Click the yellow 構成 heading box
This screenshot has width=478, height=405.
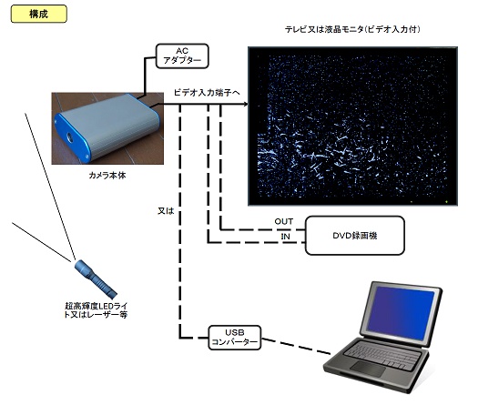(x=39, y=14)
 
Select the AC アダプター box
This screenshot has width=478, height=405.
(x=182, y=56)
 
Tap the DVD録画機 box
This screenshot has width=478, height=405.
(x=355, y=235)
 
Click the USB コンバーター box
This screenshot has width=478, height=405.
(x=234, y=338)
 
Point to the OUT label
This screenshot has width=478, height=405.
(x=284, y=221)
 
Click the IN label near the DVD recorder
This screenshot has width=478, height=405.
(x=286, y=236)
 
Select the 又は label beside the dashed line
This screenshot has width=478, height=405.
(x=166, y=211)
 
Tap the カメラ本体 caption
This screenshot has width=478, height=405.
(x=107, y=176)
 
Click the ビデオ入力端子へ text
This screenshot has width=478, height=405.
(x=207, y=92)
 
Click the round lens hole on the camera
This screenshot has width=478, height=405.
(x=70, y=138)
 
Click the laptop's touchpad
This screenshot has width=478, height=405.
(x=368, y=369)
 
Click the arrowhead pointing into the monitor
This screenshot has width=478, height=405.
(x=246, y=105)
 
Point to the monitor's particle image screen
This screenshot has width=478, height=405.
(x=352, y=127)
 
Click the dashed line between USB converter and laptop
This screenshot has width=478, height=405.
(x=296, y=347)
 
